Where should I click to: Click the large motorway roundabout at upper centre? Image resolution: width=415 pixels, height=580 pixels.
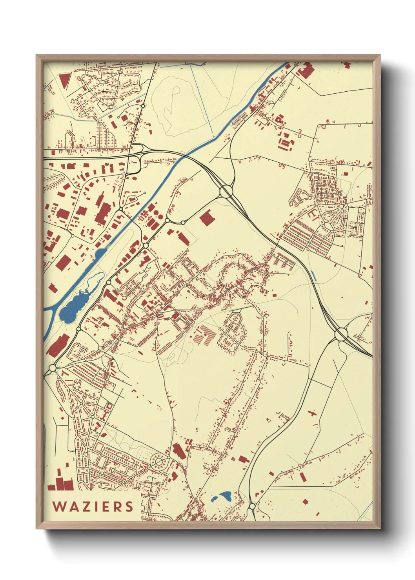226,192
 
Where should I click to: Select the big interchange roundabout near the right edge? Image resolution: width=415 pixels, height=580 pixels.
341,334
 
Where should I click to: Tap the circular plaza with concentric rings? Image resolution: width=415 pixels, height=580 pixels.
159,462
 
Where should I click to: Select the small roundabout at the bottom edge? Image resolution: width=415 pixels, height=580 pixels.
252,506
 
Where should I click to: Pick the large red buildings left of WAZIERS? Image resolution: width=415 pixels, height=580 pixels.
61,483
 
